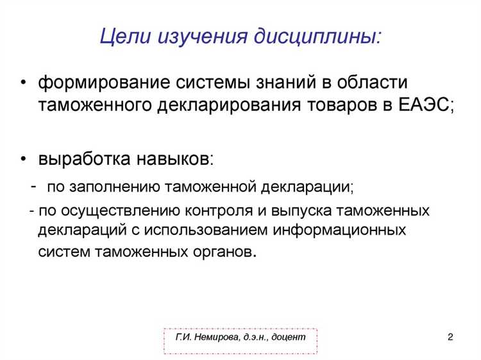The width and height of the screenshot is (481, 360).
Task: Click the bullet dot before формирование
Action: (24, 85)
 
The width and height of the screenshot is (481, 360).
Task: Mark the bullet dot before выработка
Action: (24, 159)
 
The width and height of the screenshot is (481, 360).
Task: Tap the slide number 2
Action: (450, 337)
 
